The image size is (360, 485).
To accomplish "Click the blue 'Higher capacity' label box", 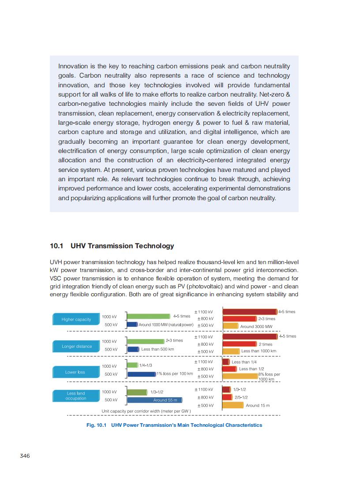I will click(76, 319).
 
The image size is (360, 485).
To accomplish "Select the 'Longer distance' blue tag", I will click(77, 347).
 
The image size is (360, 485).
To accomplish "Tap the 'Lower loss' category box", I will click(75, 372).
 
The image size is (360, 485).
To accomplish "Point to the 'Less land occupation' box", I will click(76, 395).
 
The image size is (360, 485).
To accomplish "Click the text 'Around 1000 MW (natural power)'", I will click(166, 325).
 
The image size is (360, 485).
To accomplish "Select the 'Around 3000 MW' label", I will click(256, 327).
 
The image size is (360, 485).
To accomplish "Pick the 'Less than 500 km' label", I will click(157, 349).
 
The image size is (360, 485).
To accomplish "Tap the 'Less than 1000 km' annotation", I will click(259, 351).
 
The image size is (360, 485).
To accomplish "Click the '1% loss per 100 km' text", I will click(175, 374).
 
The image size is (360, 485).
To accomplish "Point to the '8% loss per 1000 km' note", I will click(269, 377).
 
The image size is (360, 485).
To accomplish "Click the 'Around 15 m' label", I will click(258, 405).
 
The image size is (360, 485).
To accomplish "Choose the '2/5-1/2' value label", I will click(241, 397).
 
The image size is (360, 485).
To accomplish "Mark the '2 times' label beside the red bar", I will click(265, 344).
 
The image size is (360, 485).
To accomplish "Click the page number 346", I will click(25, 455).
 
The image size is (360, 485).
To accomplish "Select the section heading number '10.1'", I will click(57, 246).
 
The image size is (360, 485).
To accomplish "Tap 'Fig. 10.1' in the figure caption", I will click(97, 425).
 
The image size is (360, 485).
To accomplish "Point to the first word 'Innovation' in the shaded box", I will click(73, 66).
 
